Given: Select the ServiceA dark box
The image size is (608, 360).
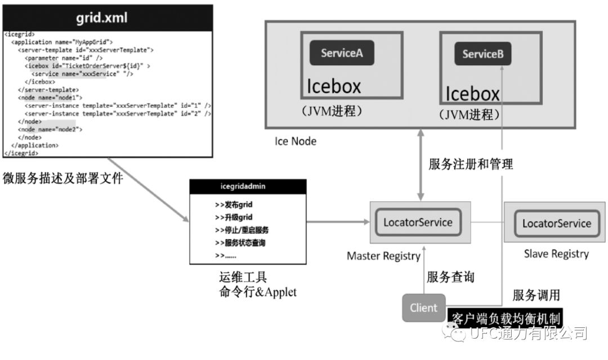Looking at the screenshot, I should point(342,53).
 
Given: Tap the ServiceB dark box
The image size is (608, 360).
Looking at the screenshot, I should point(482,54).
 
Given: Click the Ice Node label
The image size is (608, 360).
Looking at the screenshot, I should point(296,141).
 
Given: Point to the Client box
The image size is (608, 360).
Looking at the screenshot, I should point(423,308).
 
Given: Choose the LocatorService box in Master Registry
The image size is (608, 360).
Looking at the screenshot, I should point(418,222).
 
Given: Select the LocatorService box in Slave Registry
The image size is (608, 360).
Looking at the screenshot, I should point(556,223).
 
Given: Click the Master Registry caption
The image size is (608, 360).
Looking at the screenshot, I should point(383,256).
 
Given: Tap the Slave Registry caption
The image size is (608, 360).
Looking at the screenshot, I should point(556,254).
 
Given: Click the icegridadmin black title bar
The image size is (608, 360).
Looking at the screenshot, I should point(248,186).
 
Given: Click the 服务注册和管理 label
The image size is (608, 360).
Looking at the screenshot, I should point(471,165).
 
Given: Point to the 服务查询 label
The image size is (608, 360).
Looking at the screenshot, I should point(450,277).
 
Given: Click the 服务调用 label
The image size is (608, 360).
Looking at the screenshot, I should point(536,295).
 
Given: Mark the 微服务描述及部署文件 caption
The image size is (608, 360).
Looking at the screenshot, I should point(62,178).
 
